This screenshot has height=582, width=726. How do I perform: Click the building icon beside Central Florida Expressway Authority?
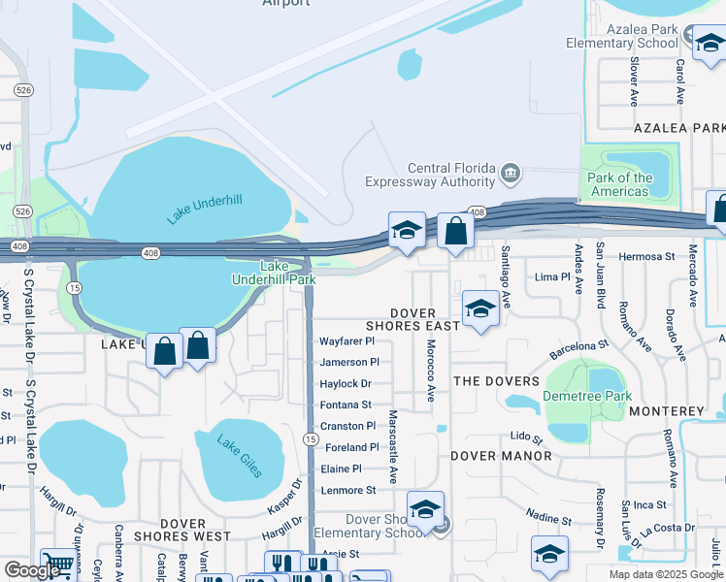[x=511, y=175]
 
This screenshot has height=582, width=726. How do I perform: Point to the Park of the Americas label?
[x=620, y=184]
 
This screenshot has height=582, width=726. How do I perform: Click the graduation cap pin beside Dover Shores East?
[x=479, y=309]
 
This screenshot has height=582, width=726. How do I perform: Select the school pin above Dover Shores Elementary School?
[x=425, y=508]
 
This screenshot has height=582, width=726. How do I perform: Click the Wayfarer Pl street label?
[x=346, y=341]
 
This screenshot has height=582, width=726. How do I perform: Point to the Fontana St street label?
[x=346, y=404]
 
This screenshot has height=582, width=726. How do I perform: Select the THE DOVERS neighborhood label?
[x=496, y=381]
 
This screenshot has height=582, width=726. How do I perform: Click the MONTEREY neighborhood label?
[x=666, y=411]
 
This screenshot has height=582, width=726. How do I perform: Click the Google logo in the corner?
[x=32, y=570]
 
